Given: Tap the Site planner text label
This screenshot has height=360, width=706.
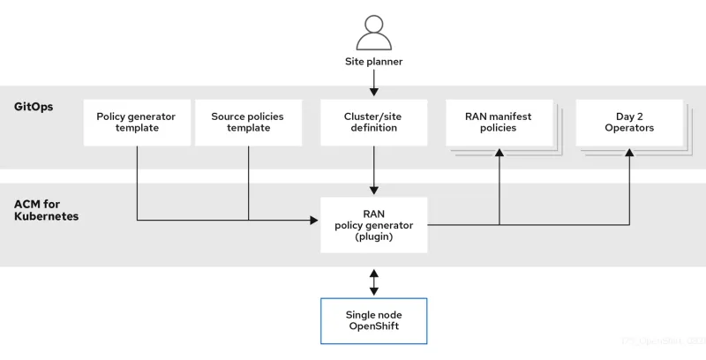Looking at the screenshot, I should click(x=373, y=62).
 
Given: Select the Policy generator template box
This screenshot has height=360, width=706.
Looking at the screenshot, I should click(x=136, y=123).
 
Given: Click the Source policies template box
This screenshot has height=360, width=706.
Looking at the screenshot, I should click(x=247, y=123).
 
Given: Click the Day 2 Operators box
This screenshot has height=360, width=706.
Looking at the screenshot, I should click(x=629, y=123).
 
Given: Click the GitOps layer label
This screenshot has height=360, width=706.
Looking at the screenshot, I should click(x=34, y=107).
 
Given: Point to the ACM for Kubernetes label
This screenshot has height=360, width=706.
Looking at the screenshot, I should click(x=46, y=210).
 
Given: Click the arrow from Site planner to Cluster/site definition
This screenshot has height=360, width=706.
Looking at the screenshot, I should click(x=373, y=84).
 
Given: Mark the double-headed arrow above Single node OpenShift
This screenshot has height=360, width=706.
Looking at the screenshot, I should click(x=373, y=281).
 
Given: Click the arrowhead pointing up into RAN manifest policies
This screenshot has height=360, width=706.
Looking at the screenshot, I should click(x=500, y=153).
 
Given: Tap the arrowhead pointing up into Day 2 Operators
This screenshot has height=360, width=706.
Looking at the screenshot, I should click(x=629, y=153).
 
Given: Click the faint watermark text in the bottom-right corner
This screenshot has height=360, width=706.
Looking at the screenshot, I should click(x=663, y=340).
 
